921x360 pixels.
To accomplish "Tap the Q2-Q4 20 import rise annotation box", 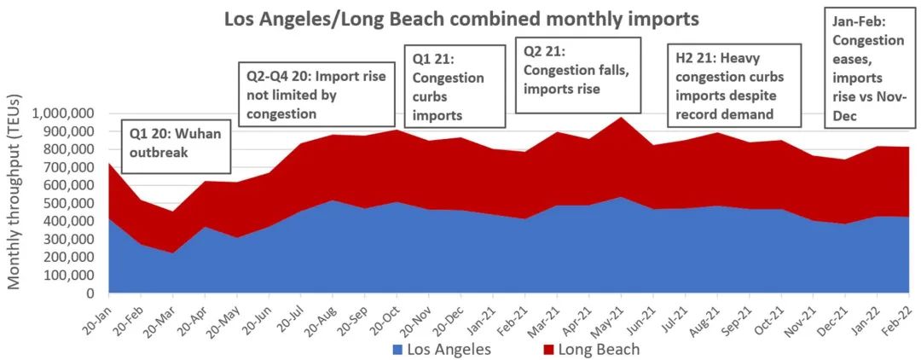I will click(x=316, y=95).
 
